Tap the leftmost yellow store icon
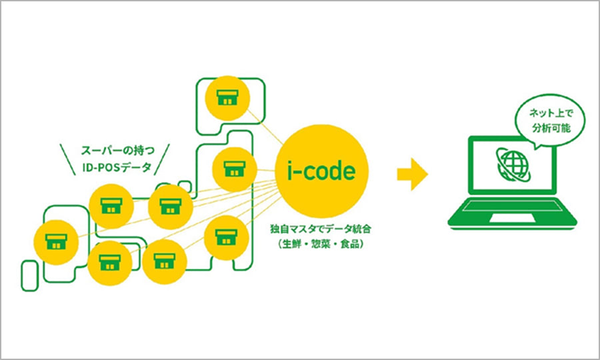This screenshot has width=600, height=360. point(54,238)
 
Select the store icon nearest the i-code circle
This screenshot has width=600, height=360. point(232,167)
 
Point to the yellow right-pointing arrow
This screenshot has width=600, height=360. point(412,174)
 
